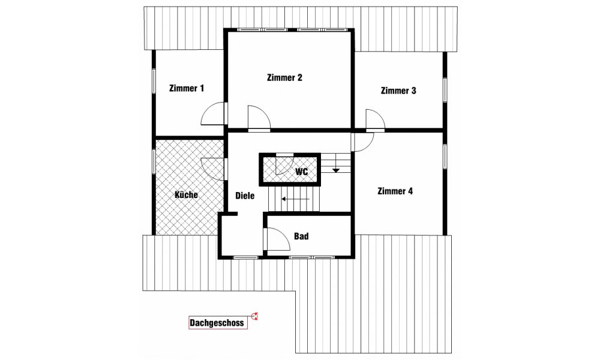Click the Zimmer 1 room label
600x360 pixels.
(187, 88)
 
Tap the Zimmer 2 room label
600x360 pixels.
(284, 77)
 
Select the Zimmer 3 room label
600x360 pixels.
(398, 91)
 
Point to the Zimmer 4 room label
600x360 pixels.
(395, 191)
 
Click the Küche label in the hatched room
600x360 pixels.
(187, 194)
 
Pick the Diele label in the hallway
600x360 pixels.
(245, 196)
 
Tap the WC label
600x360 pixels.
(302, 172)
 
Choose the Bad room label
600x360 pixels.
(301, 236)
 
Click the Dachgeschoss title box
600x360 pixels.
(218, 323)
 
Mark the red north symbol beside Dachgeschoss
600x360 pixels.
(254, 316)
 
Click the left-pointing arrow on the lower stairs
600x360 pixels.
(295, 199)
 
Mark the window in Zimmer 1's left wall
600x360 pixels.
(154, 81)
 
